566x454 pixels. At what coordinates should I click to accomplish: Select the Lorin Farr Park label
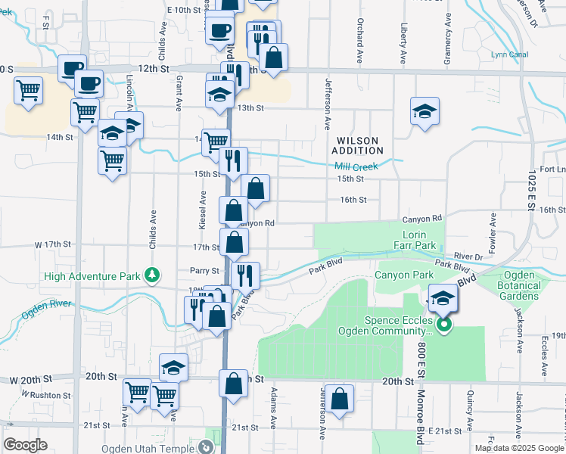tap(415, 241)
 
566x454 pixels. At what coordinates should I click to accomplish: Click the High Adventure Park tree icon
tap(153, 275)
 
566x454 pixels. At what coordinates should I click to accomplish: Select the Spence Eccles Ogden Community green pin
tap(444, 325)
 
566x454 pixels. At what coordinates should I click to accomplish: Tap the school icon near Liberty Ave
tap(424, 111)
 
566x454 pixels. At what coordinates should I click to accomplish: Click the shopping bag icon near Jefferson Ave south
tap(341, 399)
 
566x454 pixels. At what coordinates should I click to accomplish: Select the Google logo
tap(26, 445)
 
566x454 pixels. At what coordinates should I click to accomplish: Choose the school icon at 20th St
tap(173, 368)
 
